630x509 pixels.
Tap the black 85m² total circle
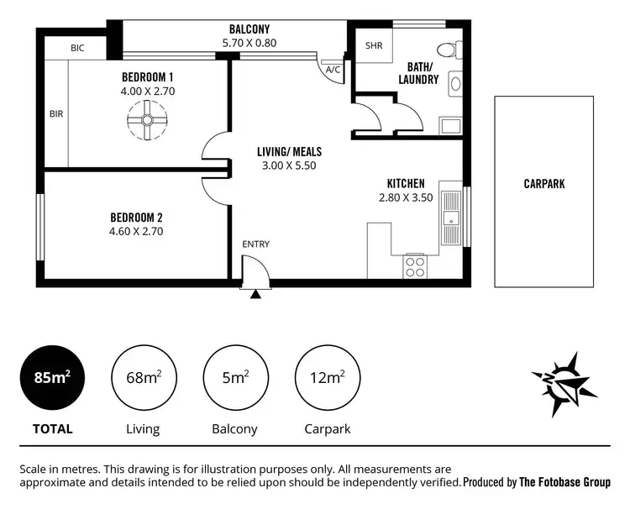(x=52, y=378)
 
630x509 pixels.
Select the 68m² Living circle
(x=143, y=378)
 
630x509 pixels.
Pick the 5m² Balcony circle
(x=234, y=378)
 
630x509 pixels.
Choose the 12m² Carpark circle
(x=327, y=378)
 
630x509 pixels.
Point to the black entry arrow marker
(x=255, y=293)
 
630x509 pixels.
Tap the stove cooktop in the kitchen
(x=415, y=266)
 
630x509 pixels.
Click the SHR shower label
(x=373, y=46)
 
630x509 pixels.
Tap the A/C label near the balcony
(x=333, y=69)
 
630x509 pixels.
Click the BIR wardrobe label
(x=56, y=113)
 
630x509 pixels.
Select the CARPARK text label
(x=544, y=183)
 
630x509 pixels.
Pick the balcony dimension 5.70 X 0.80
(x=249, y=43)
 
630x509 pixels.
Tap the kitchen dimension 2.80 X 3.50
(x=405, y=198)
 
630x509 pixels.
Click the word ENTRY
(x=255, y=244)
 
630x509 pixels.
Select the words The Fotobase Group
(x=564, y=482)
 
